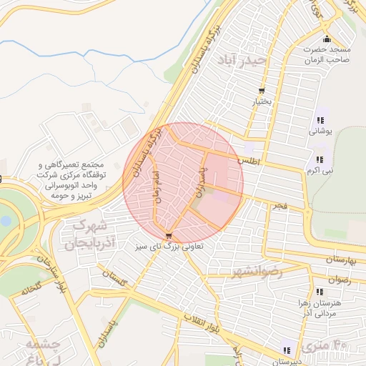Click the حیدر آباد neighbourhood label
coord(243,60)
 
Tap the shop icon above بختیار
coord(261,91)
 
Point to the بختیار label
coord(261,102)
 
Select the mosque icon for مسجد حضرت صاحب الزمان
coord(327,39)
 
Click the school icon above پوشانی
coord(320,121)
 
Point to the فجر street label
coord(278,206)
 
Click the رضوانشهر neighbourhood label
coord(257,272)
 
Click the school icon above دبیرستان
coord(287,350)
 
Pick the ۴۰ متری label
coord(325,347)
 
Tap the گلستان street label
coord(114,279)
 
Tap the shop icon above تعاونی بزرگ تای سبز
coord(169,236)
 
